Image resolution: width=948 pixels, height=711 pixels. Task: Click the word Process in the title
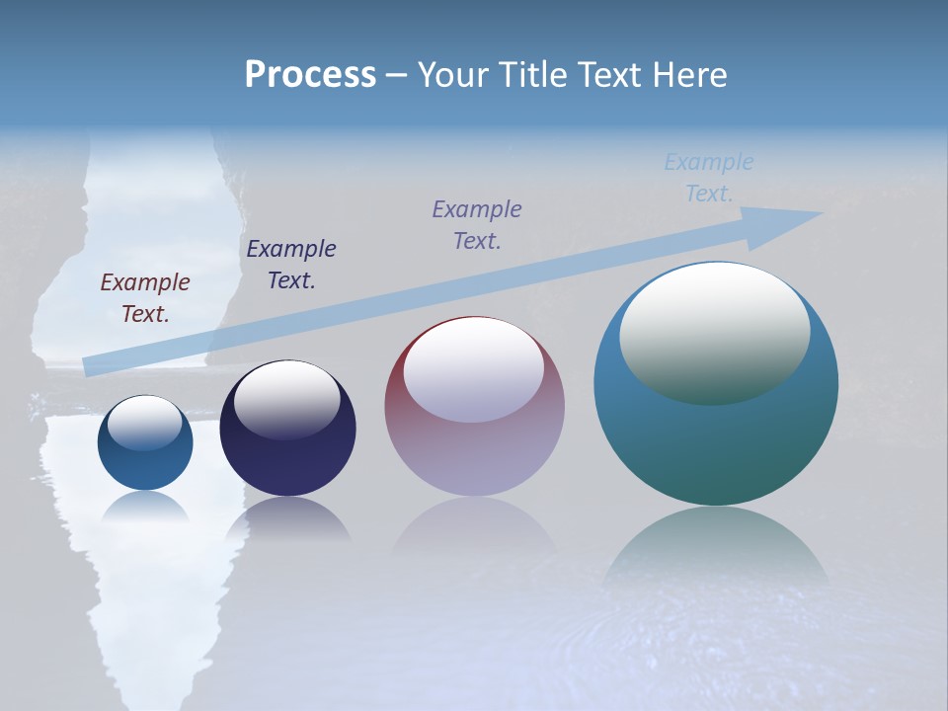click(310, 75)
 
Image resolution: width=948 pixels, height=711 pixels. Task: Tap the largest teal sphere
click(716, 444)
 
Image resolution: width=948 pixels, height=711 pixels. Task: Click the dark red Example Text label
click(144, 297)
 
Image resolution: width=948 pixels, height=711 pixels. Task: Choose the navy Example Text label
click(291, 264)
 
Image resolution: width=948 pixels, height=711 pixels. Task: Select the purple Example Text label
click(477, 224)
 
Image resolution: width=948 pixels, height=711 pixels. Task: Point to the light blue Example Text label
click(709, 178)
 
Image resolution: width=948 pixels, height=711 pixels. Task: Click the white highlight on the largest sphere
click(715, 331)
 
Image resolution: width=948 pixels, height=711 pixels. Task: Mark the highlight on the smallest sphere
click(144, 422)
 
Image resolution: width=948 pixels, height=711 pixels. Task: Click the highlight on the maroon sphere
click(474, 369)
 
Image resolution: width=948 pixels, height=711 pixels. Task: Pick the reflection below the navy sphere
click(287, 518)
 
